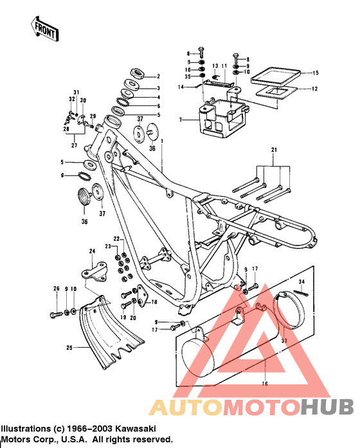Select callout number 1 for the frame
163,141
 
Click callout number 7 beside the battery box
182,120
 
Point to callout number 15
315,74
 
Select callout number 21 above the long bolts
276,150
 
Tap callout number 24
92,251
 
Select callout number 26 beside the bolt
56,288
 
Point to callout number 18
154,301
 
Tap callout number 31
75,93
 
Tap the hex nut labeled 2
134,76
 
